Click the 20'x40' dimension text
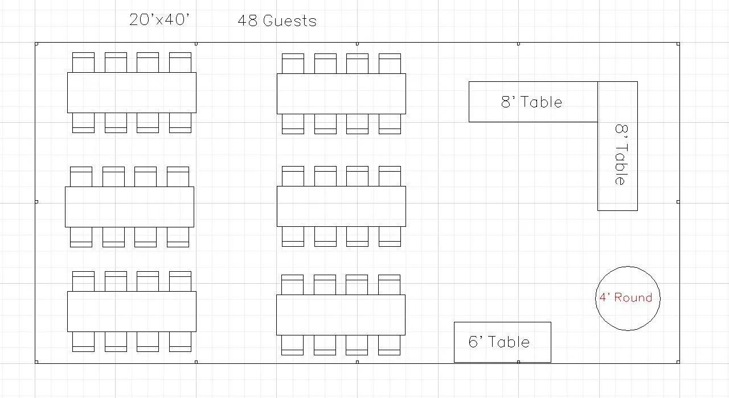pos(159,20)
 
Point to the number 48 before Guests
pos(247,21)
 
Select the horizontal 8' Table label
pos(531,102)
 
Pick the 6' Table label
pos(499,342)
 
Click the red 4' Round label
pos(625,297)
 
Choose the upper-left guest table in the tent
pos(132,93)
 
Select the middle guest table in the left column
pos(129,207)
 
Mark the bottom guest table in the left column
pos(132,312)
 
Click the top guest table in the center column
pos(341,94)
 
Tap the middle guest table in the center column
pos(341,206)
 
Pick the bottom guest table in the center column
pos(341,315)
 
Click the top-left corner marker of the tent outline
pos(36,43)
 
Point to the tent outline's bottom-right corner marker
pos(678,362)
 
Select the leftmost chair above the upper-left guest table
pos(83,62)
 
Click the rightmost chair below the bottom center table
pos(390,345)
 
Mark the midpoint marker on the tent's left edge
pos(36,201)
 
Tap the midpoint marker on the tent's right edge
pos(678,201)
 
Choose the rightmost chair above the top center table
pos(390,63)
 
